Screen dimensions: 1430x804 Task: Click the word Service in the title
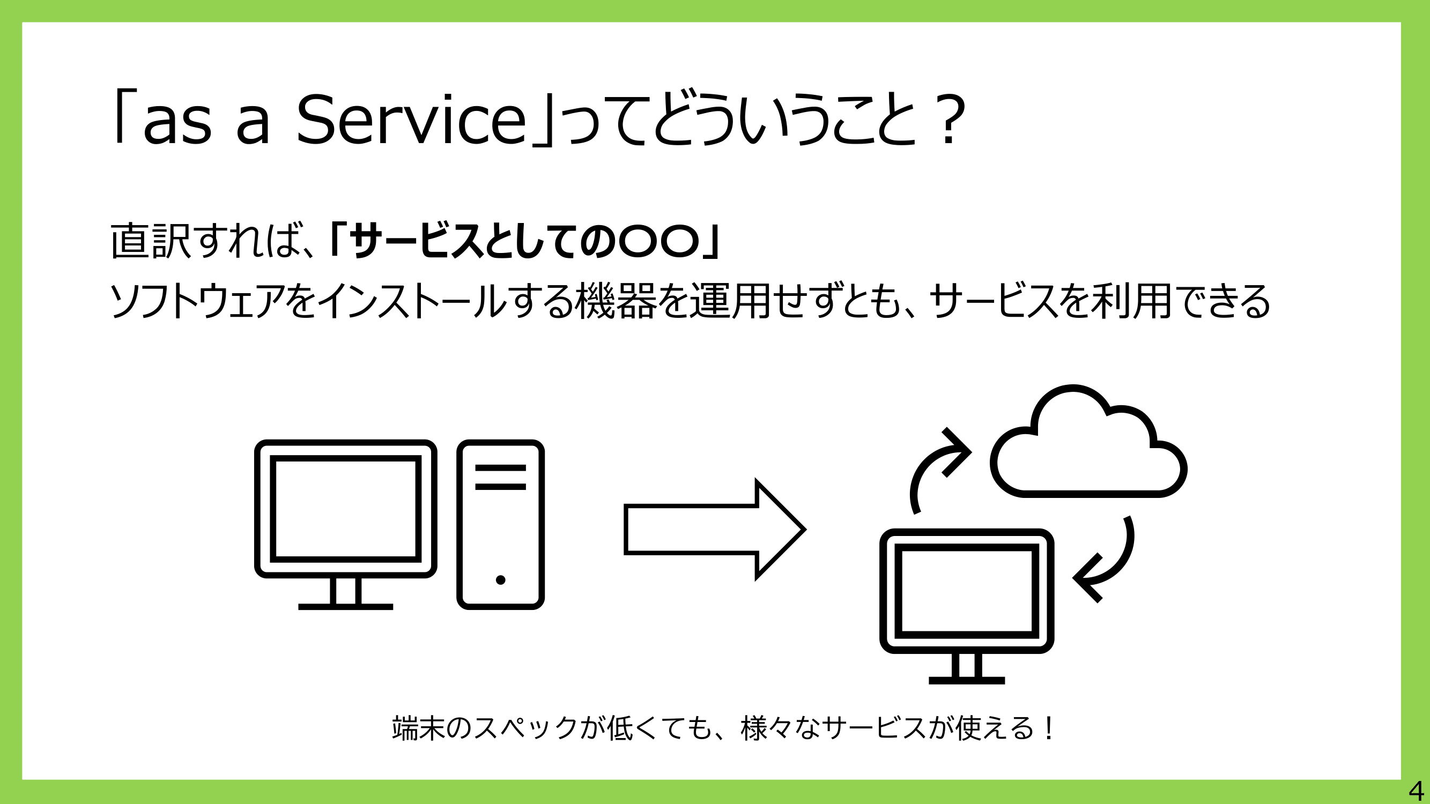[411, 119]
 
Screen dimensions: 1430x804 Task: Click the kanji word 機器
[616, 301]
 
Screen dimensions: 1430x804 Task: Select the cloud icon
[1088, 441]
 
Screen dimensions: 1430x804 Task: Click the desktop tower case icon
[500, 524]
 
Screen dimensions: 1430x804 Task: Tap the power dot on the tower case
[500, 580]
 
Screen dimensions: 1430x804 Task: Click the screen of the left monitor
[345, 508]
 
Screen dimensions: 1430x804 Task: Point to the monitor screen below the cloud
[967, 590]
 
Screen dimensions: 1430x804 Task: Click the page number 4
[1416, 790]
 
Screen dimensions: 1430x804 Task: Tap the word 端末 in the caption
[419, 728]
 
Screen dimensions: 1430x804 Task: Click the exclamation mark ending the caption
[1048, 728]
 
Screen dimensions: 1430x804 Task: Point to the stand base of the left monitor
[345, 606]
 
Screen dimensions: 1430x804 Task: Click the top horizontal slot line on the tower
[500, 468]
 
